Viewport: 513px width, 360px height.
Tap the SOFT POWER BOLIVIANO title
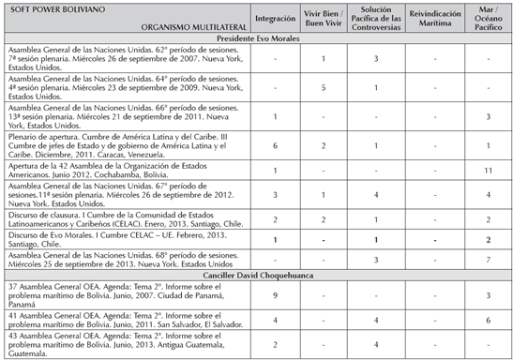click(47, 8)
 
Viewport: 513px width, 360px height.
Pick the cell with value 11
click(488, 170)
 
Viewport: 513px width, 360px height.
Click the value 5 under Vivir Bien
click(323, 87)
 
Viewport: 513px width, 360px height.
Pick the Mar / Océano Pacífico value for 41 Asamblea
click(488, 321)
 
